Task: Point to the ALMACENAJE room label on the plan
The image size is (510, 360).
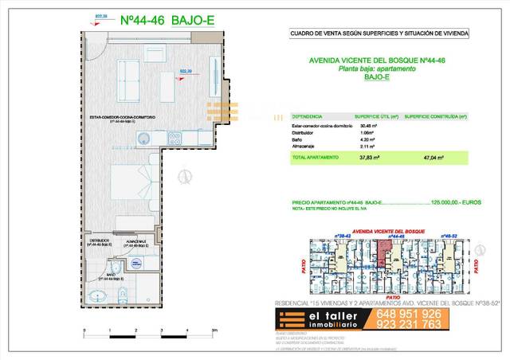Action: coord(132,240)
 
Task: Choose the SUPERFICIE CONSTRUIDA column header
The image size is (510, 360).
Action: coord(434,115)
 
